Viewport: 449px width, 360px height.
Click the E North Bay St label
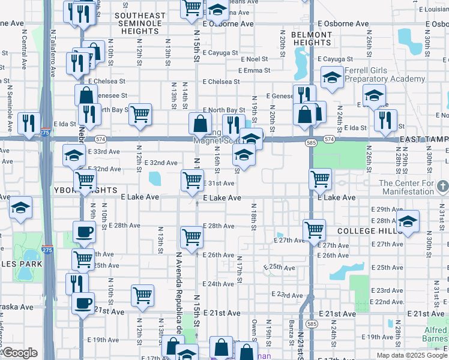pyautogui.click(x=223, y=110)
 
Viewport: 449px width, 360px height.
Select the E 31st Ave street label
pyautogui.click(x=218, y=183)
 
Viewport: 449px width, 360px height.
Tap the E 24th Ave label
pyautogui.click(x=218, y=284)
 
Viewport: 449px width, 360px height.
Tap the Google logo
pyautogui.click(x=20, y=353)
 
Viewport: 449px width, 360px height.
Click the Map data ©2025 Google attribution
pyautogui.click(x=412, y=355)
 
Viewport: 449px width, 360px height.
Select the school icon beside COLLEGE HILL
pyautogui.click(x=408, y=221)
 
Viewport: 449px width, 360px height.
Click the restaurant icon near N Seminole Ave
pyautogui.click(x=29, y=122)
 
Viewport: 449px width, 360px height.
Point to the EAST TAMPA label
pyautogui.click(x=424, y=139)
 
